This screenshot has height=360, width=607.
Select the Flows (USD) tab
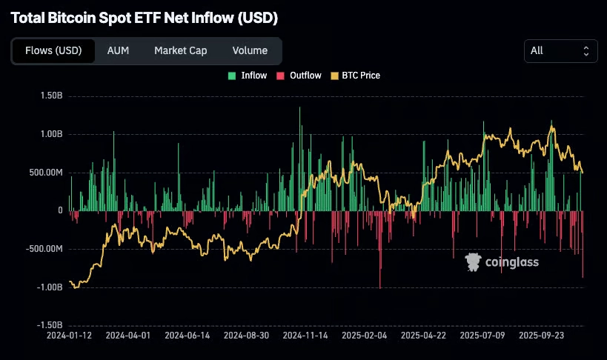tap(53, 50)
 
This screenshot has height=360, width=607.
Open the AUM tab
tap(119, 50)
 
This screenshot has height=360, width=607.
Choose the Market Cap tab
tap(180, 50)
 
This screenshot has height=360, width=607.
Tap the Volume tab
tap(250, 50)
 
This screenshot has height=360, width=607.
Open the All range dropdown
tap(560, 50)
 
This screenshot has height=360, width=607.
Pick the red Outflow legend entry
tap(299, 76)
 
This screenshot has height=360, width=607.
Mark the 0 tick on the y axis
tap(60, 211)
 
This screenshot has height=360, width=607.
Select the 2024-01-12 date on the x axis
tap(69, 335)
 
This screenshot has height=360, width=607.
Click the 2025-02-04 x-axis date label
tap(363, 335)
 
